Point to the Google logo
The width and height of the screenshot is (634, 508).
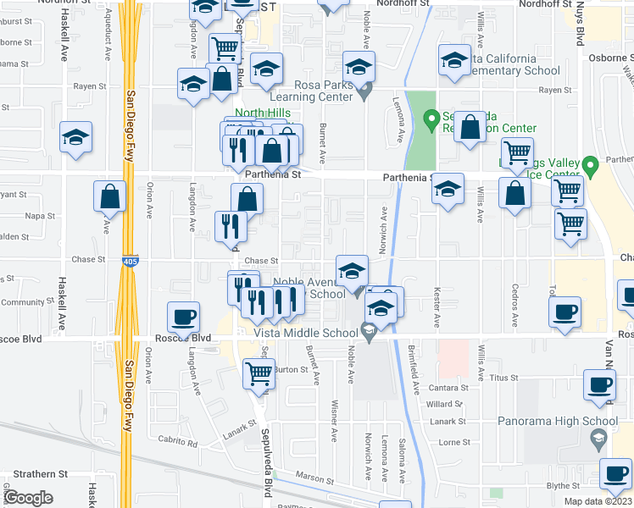(x=28, y=497)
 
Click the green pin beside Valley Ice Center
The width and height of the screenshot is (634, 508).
(x=592, y=163)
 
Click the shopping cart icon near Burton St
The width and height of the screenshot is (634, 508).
(x=259, y=373)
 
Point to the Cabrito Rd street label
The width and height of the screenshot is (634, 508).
(x=177, y=442)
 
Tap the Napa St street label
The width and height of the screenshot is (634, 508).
(x=40, y=216)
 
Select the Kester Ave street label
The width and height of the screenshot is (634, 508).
(x=437, y=310)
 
